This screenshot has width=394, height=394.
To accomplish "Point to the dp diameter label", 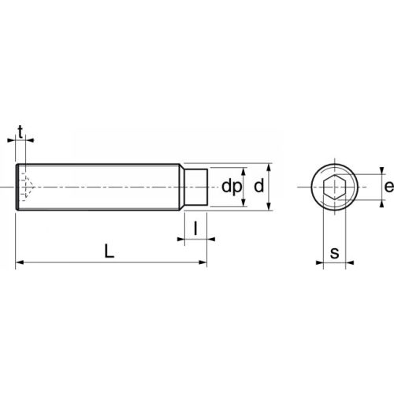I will pos(230,188).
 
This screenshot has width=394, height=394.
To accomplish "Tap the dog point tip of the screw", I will pos(196,188).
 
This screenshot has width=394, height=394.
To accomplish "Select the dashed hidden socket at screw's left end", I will pos(26,188).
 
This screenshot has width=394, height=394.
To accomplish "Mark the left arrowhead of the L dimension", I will pos(20,263).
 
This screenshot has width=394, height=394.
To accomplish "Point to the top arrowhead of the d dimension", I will pos(269,167).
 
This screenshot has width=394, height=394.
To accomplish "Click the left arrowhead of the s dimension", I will pos(326,263).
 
